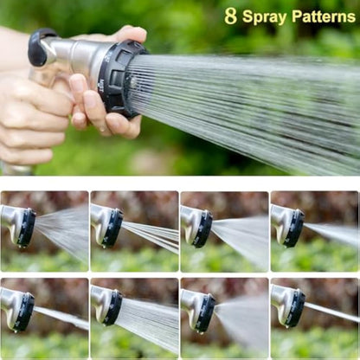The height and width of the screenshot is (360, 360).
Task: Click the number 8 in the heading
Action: (x=231, y=16)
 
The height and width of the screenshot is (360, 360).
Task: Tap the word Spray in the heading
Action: (x=263, y=16)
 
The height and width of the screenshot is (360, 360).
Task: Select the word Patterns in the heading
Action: (x=323, y=16)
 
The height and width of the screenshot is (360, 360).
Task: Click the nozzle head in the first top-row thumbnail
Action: (x=26, y=228)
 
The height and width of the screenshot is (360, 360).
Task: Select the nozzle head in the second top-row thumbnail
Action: (x=113, y=228)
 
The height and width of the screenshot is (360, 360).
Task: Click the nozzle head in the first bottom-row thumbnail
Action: (x=25, y=312)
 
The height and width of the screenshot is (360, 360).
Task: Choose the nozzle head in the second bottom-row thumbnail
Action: (x=112, y=308)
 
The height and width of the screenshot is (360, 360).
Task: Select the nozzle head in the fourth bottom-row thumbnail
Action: (x=294, y=307)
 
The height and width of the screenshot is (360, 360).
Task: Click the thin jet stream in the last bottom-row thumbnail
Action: (x=333, y=312)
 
